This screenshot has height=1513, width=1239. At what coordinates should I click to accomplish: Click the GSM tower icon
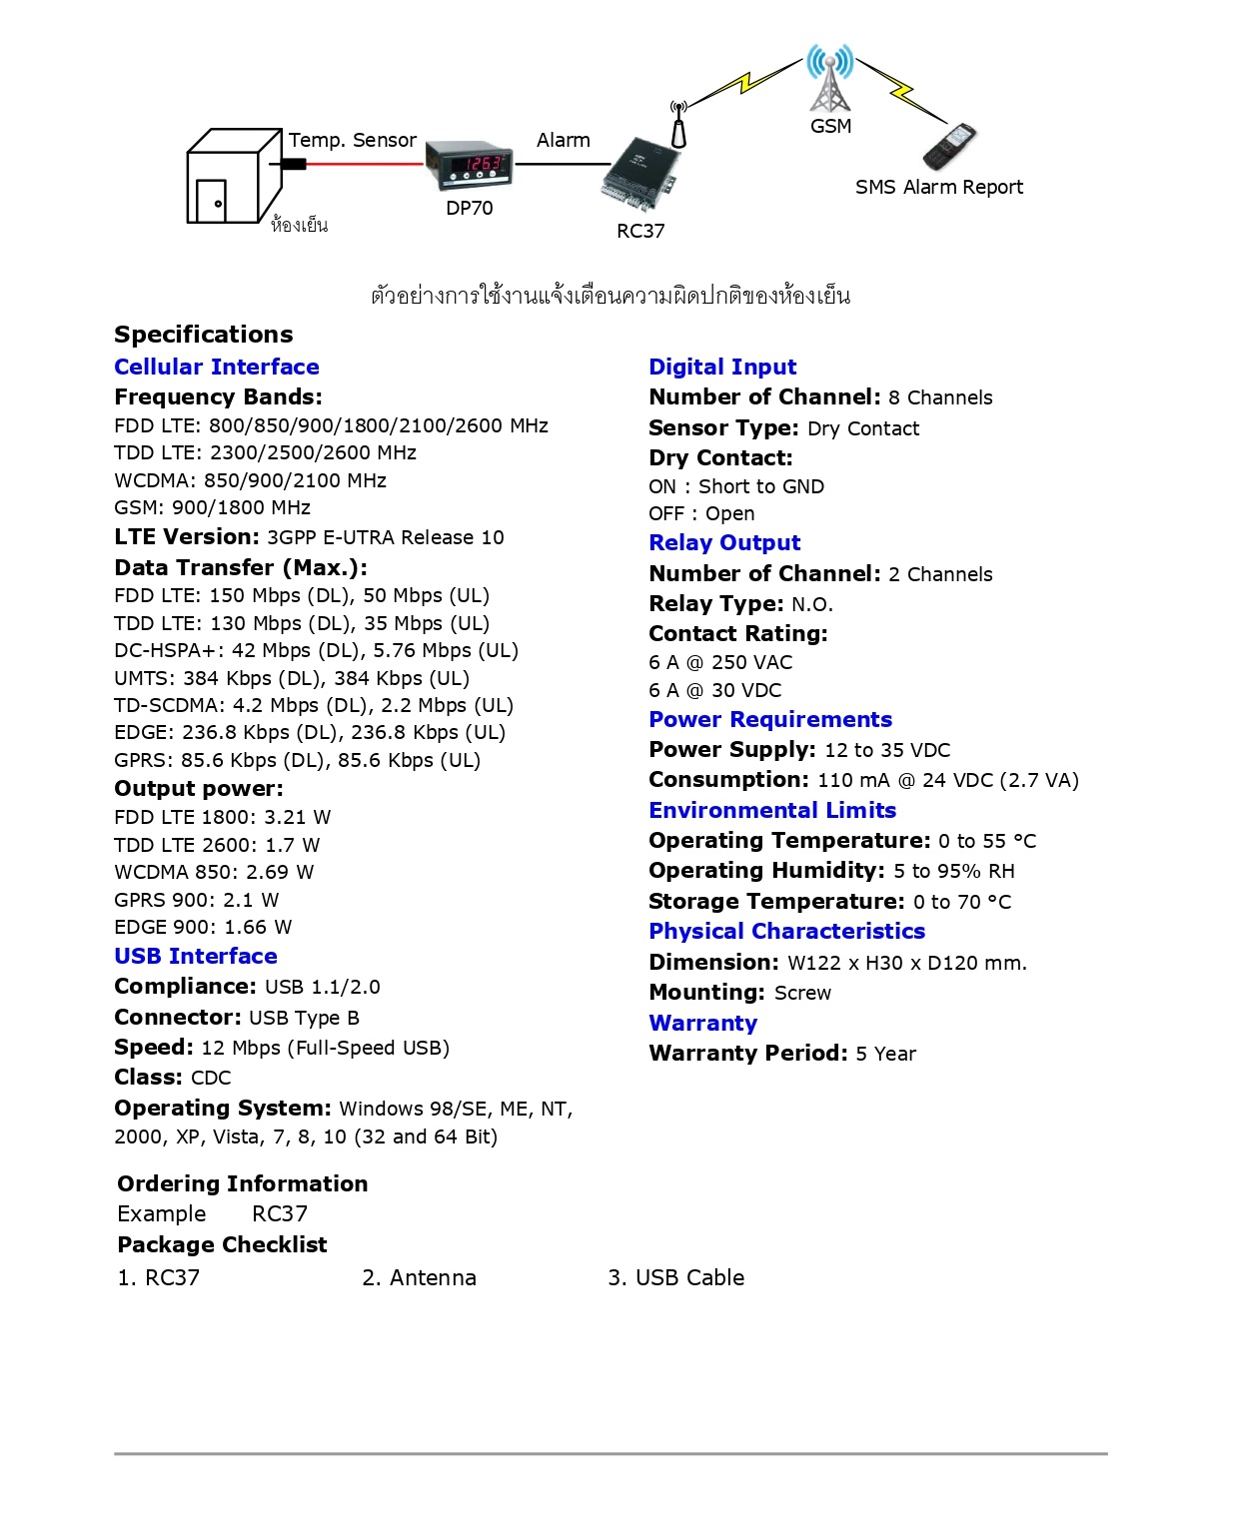[x=830, y=78]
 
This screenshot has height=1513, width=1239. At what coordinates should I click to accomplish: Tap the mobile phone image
[x=948, y=147]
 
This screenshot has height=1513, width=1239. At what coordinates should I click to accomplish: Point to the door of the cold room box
[x=211, y=200]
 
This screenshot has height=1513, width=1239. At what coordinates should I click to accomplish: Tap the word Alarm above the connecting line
[x=564, y=141]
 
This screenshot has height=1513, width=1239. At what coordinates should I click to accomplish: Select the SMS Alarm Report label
[x=939, y=188]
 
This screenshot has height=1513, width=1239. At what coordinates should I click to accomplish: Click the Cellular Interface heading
[x=217, y=368]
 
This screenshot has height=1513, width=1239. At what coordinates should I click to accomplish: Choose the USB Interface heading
[x=196, y=957]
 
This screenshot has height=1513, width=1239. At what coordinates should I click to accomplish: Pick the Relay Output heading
[x=724, y=543]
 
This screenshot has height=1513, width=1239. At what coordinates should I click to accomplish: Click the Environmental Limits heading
[x=772, y=811]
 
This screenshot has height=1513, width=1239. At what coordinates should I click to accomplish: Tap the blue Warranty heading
[x=702, y=1024]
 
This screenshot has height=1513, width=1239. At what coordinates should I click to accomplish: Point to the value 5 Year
[x=885, y=1055]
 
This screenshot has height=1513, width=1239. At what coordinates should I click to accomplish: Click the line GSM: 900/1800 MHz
[x=212, y=508]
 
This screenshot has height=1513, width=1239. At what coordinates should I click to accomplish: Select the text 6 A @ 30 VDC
[x=714, y=691]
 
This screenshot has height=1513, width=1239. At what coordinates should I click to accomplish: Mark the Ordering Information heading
[x=243, y=1184]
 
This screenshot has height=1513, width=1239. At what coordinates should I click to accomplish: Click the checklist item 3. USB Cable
[x=676, y=1278]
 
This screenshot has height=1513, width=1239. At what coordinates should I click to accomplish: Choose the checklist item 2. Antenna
[x=419, y=1278]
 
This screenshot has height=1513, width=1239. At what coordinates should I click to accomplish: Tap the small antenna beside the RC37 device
[x=678, y=126]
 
